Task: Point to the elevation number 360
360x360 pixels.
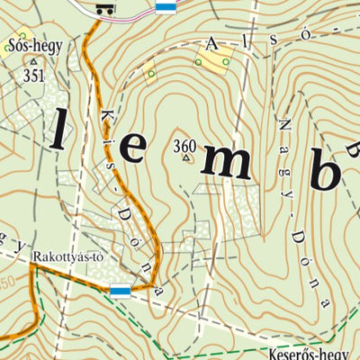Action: click(x=184, y=145)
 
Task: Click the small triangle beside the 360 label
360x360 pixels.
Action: click(x=187, y=159)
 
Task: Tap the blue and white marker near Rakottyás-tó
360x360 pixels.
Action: click(x=120, y=290)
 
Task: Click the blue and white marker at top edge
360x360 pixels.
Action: click(x=165, y=8)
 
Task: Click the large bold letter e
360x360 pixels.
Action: click(x=131, y=149)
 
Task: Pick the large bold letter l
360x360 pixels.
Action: click(x=58, y=130)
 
